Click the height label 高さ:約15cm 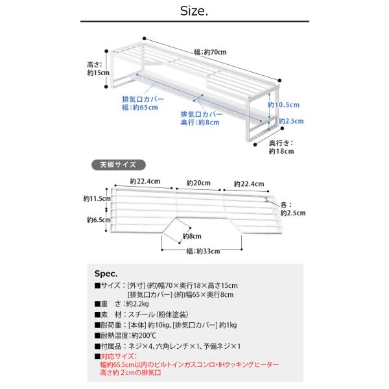pos(95,69)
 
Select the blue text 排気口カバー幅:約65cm pos(139,103)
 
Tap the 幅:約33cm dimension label pos(203,251)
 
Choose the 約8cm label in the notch pos(189,237)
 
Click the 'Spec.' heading pos(105,273)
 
